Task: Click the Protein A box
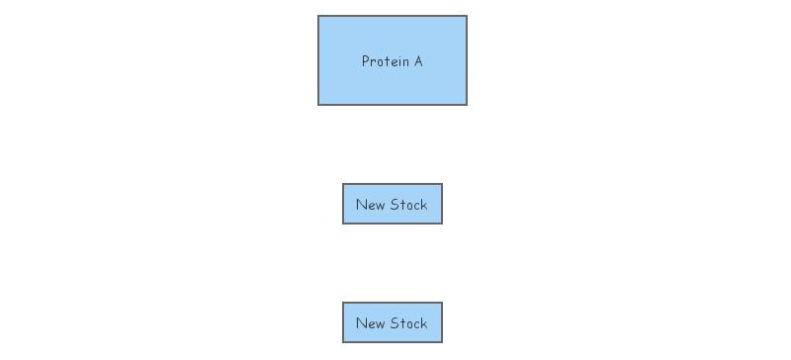(392, 60)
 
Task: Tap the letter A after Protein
(417, 61)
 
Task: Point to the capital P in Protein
(365, 61)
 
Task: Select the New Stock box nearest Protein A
(392, 204)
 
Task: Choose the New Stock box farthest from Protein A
(392, 322)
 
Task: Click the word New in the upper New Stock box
(370, 205)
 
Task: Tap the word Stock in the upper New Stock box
(408, 205)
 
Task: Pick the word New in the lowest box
(370, 323)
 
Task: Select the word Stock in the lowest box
(408, 323)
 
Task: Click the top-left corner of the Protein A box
(318, 16)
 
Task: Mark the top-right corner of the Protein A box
(466, 16)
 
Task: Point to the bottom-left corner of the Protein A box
(318, 104)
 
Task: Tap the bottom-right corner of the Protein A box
(466, 104)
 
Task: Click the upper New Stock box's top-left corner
(343, 184)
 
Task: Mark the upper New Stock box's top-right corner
(441, 184)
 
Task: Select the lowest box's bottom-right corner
(441, 341)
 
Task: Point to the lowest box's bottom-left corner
(343, 341)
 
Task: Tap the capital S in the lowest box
(395, 323)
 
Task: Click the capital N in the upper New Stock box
(361, 205)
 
